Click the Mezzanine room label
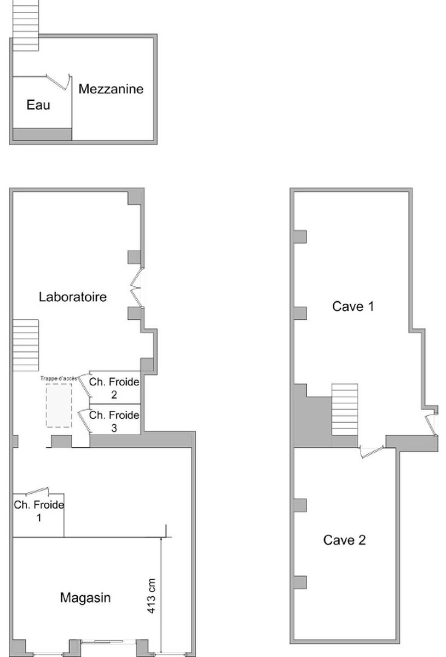(x=111, y=89)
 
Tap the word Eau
(x=38, y=105)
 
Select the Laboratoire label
(x=73, y=297)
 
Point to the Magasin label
(x=85, y=598)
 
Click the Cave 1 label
(x=353, y=307)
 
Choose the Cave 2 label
(x=345, y=540)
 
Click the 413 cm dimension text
(x=151, y=596)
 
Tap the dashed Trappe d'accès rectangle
(x=59, y=405)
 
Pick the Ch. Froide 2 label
(x=114, y=388)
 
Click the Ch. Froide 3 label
(x=114, y=422)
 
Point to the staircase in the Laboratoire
(x=26, y=345)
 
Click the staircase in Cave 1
(x=345, y=410)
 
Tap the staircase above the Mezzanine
(x=26, y=25)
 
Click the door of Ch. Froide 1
(x=37, y=491)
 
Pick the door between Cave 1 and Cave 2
(x=372, y=451)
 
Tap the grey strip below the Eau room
(x=42, y=134)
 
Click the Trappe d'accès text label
(x=59, y=378)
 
